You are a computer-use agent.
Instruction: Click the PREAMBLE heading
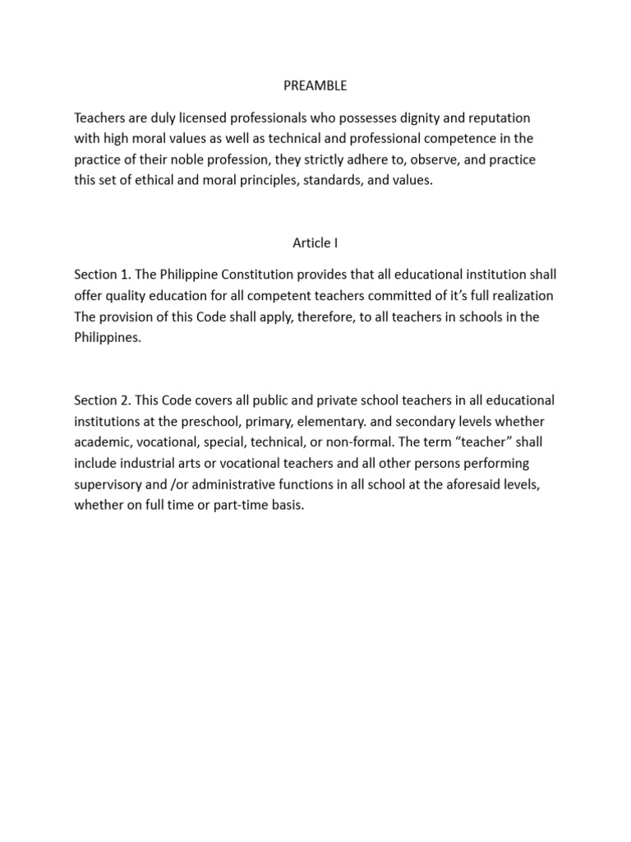tap(315, 85)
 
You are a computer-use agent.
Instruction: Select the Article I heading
tap(315, 243)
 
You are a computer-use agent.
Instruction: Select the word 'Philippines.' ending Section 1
tap(108, 336)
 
